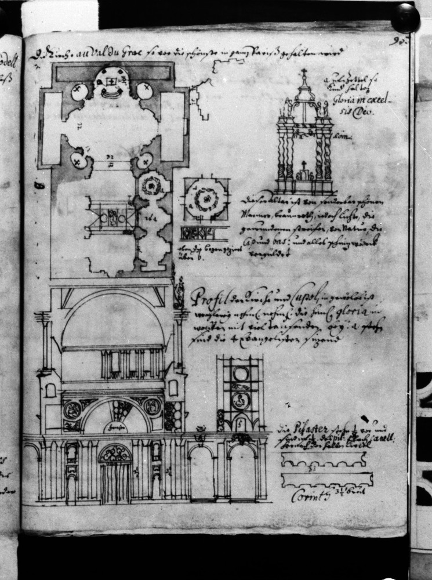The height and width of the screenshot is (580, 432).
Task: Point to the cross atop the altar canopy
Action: (304, 73)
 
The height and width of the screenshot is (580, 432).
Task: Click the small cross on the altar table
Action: (303, 164)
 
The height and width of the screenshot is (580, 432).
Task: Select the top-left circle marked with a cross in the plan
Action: (80, 92)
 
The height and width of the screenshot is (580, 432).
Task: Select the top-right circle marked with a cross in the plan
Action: (145, 90)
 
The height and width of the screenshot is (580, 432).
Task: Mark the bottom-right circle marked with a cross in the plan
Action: (146, 159)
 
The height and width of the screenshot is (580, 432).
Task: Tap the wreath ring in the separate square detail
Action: (204, 198)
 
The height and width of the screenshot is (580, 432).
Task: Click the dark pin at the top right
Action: (405, 17)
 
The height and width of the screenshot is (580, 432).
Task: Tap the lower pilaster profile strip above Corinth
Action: (326, 480)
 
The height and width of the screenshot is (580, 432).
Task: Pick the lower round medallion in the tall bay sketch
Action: (240, 400)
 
